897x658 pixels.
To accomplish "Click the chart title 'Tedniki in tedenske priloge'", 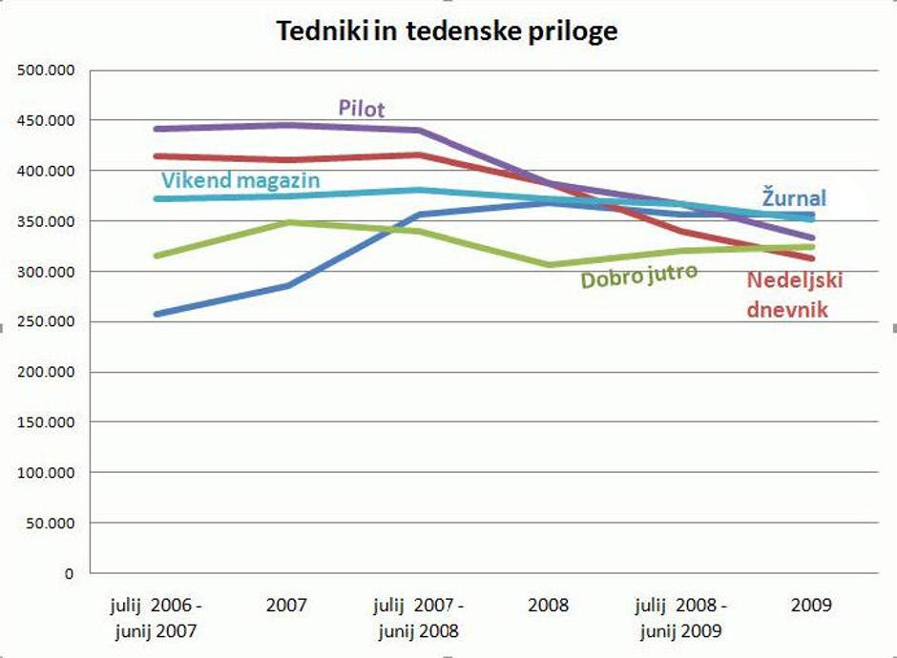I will [448, 31].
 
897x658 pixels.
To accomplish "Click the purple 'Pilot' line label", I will [362, 108].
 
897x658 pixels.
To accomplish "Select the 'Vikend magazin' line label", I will [240, 179].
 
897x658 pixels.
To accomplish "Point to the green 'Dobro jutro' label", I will [639, 276].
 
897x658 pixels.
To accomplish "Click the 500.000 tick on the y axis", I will [47, 71].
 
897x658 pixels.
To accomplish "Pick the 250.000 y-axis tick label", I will [47, 322].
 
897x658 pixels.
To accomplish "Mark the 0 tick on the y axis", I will [69, 574].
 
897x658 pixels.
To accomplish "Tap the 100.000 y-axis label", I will [47, 473].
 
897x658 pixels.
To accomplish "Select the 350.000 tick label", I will [47, 221].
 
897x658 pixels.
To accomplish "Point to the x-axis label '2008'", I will [548, 606].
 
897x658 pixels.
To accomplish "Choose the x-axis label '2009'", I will [811, 606].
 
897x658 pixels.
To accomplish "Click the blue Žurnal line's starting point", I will [156, 314].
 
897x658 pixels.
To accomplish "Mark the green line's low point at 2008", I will [550, 265].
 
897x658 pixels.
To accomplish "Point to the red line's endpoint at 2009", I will [812, 258].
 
